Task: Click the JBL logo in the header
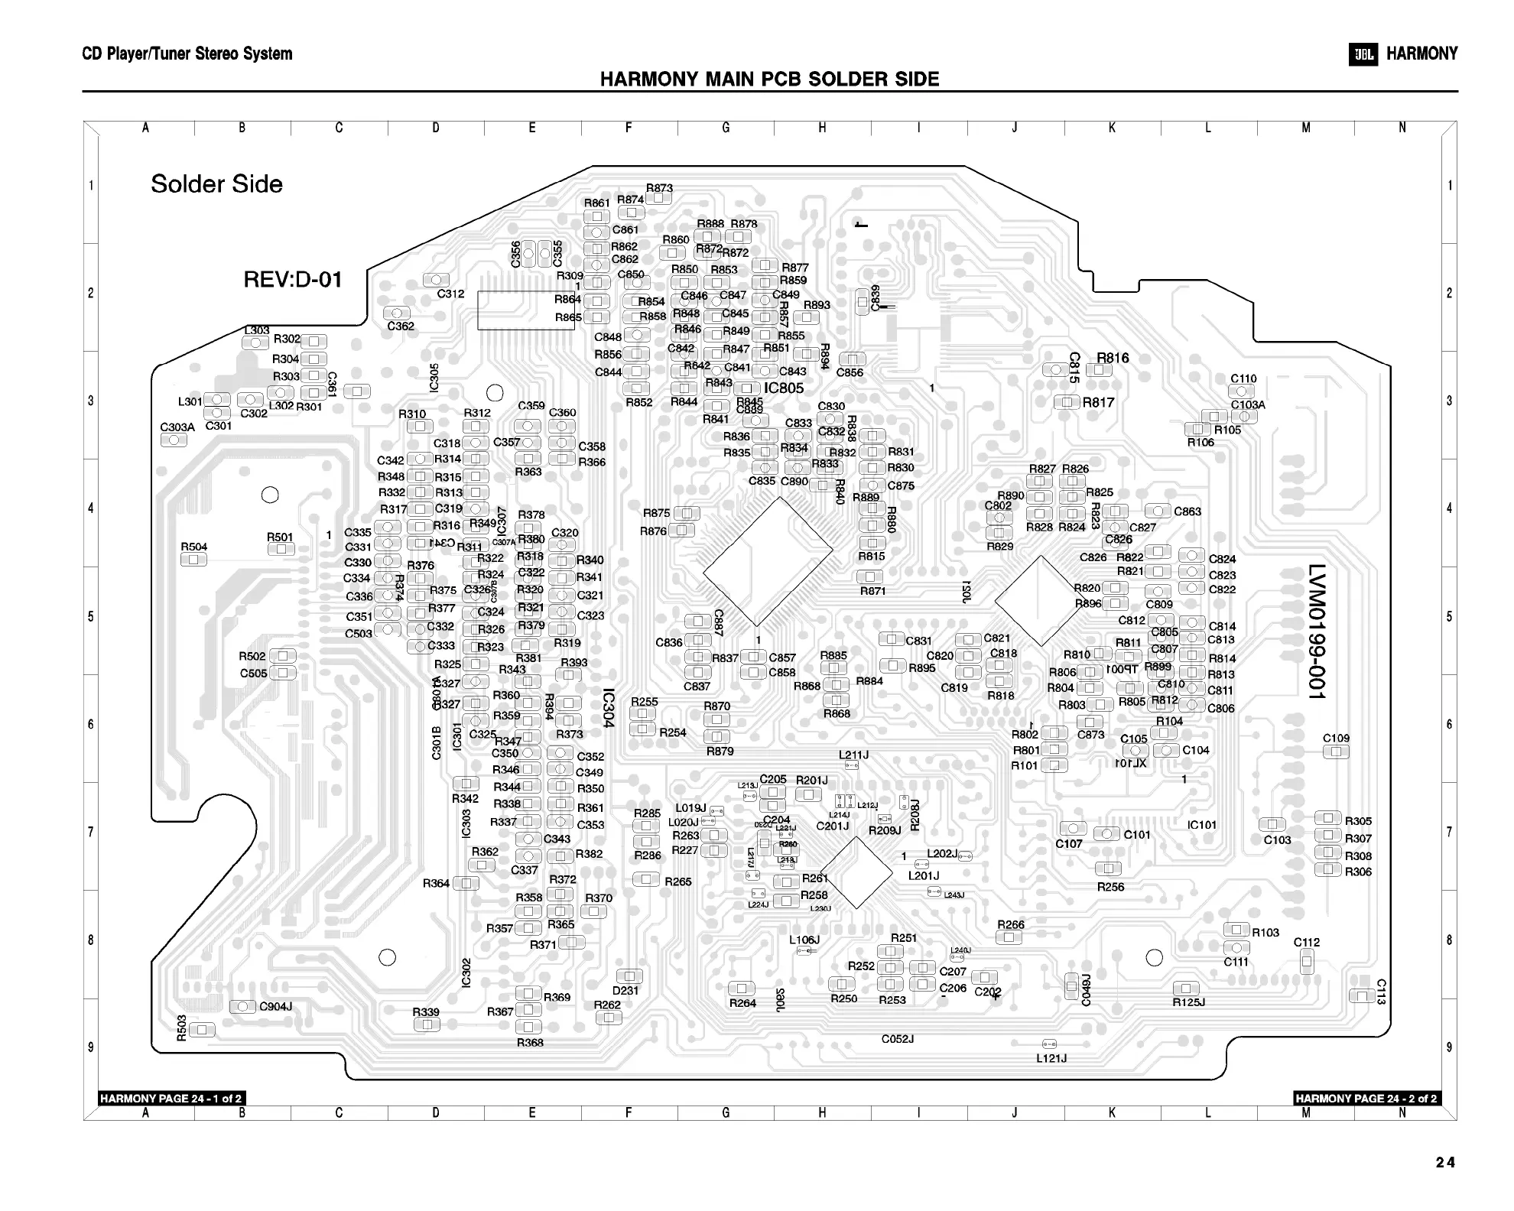point(1363,54)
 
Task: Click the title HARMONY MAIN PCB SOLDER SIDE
point(769,80)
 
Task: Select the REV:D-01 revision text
point(292,280)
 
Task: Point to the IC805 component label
point(784,388)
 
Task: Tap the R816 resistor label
point(1113,358)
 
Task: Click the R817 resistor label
point(1098,402)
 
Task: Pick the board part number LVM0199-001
point(1315,631)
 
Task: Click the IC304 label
point(608,708)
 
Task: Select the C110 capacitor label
point(1243,378)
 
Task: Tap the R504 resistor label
point(193,547)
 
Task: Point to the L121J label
point(1051,1058)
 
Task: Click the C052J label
point(898,1039)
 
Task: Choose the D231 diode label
point(625,990)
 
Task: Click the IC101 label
point(1201,825)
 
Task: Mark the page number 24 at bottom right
point(1445,1163)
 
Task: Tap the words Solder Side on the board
point(216,184)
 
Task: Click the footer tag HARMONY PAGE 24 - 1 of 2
point(171,1099)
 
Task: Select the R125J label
point(1188,1002)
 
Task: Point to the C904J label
point(275,1006)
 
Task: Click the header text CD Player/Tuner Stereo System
point(187,54)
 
